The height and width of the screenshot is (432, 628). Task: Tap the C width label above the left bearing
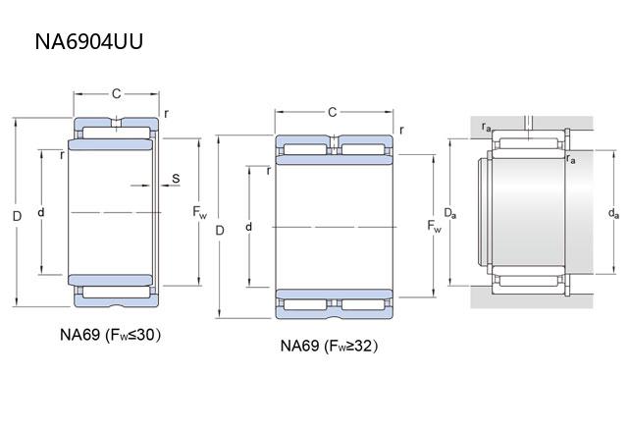(x=116, y=93)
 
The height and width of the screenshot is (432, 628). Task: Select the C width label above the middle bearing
(x=332, y=112)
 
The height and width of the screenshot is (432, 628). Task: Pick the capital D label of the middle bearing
(x=220, y=230)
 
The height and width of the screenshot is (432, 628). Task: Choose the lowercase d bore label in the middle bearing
(x=249, y=227)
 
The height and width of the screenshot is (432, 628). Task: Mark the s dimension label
(x=175, y=178)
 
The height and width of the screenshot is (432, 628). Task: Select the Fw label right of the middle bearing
(x=435, y=227)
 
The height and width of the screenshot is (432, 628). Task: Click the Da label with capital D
(x=448, y=213)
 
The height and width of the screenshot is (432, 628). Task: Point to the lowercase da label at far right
(x=613, y=213)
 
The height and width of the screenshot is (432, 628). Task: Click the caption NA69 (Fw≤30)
(x=110, y=335)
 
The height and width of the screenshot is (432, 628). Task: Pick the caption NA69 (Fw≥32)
(x=330, y=346)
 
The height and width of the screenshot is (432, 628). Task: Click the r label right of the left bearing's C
(x=166, y=114)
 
